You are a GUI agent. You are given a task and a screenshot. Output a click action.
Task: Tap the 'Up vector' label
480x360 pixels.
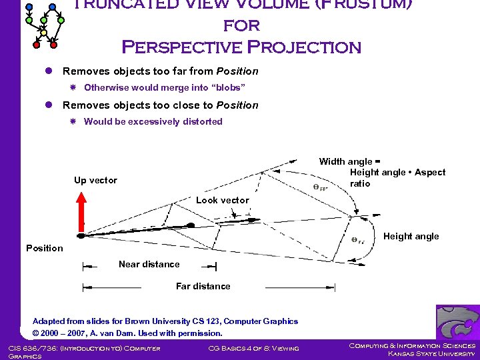click(95, 180)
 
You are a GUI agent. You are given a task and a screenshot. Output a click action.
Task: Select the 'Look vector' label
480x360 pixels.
click(222, 200)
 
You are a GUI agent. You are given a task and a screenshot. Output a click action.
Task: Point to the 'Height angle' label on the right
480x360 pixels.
click(411, 236)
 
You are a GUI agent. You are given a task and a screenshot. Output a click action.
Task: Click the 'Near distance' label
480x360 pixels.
click(149, 264)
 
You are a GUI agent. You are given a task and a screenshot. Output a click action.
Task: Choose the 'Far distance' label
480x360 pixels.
click(203, 286)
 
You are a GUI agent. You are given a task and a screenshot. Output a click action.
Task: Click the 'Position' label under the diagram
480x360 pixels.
click(44, 248)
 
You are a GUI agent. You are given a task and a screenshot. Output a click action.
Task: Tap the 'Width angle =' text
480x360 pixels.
click(349, 161)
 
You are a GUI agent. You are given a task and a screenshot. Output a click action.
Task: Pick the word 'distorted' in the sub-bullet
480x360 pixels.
click(201, 121)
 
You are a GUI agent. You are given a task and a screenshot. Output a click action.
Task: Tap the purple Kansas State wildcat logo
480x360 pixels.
click(457, 322)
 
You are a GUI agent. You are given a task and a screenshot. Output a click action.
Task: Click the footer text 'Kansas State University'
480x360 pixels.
click(431, 354)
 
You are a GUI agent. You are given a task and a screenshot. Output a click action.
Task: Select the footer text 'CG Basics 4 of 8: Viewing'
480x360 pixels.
click(253, 348)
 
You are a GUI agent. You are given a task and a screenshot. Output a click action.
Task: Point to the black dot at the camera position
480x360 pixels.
click(81, 235)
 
